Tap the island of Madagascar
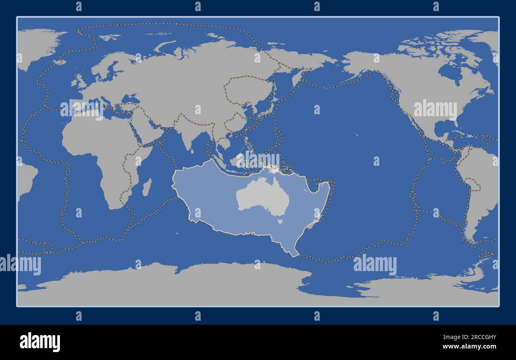[x=146, y=187]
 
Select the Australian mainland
[x=262, y=196]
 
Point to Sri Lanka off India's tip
[x=192, y=150]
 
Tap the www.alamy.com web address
[x=469, y=347]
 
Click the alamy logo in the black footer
[x=40, y=342]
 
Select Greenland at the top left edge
[x=38, y=44]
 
